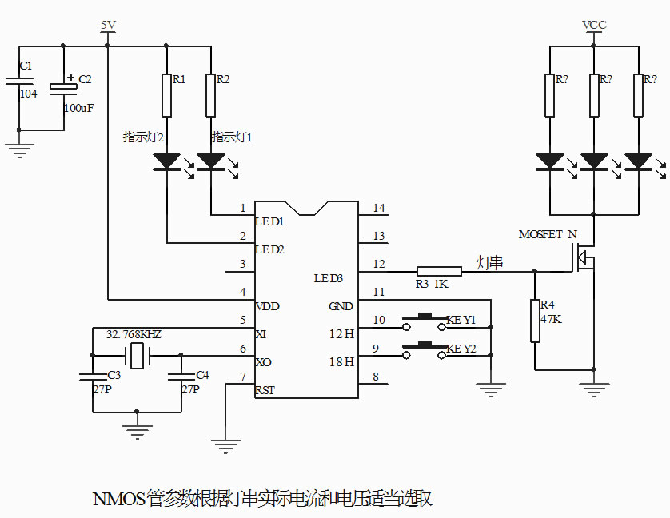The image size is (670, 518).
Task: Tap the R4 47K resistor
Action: tap(535, 321)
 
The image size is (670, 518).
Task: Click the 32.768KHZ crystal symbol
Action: tap(139, 356)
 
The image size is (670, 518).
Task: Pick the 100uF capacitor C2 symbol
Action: tap(64, 88)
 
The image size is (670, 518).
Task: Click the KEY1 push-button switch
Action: tap(423, 323)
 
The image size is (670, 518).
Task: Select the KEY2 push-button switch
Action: tap(423, 347)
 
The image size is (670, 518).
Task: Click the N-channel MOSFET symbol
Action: tap(586, 257)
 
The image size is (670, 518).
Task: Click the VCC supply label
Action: tap(594, 26)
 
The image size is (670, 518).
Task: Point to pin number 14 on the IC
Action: tap(379, 209)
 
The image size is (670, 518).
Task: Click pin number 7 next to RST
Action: tap(243, 377)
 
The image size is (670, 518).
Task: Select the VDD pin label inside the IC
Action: tap(267, 306)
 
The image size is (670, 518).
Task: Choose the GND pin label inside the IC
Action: tap(341, 306)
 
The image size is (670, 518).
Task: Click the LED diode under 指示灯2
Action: tap(166, 161)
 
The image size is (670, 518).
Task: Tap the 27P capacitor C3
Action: tap(93, 377)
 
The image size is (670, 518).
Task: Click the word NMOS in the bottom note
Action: tap(118, 500)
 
